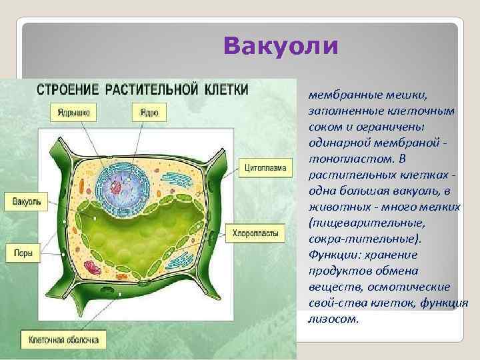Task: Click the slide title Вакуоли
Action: (281, 46)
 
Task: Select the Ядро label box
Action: (148, 113)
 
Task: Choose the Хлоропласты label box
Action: (258, 233)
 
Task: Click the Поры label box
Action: (23, 253)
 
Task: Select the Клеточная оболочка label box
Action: (63, 340)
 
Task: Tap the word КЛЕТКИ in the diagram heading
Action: (225, 89)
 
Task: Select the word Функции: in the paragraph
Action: (333, 254)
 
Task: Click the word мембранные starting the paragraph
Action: (339, 95)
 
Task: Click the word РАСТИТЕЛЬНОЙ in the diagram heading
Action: (153, 89)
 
